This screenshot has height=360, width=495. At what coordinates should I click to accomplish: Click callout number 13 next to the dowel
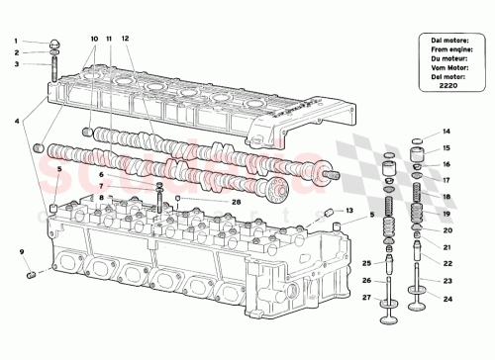tap(347, 211)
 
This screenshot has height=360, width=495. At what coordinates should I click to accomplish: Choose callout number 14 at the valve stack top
tap(445, 132)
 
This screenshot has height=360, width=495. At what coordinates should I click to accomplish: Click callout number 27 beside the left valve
tap(365, 298)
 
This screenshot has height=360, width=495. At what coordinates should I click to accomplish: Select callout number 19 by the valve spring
tap(445, 214)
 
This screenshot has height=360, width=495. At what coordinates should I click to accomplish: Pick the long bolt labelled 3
tap(51, 71)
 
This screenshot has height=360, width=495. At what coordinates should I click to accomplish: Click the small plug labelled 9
tap(31, 273)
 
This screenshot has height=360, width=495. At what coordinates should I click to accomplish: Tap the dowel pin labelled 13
tap(326, 214)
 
